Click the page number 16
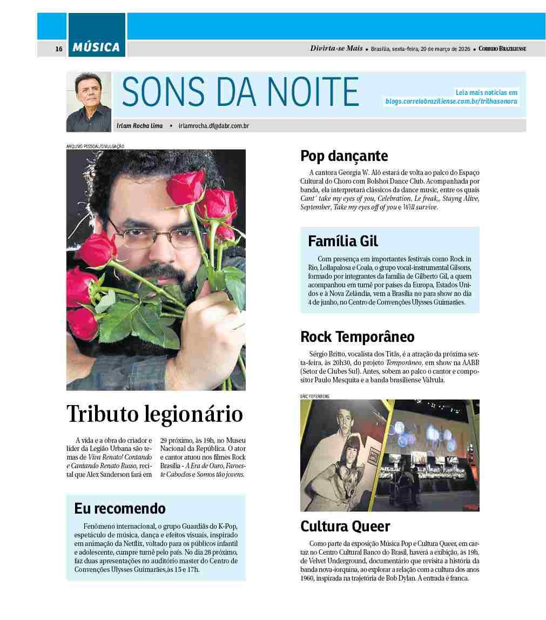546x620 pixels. (x=59, y=49)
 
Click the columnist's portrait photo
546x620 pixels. (x=89, y=102)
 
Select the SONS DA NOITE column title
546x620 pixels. (x=240, y=91)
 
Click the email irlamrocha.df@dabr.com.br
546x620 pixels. (x=213, y=126)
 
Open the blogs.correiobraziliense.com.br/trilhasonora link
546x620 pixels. (x=451, y=101)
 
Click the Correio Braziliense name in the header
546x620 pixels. (x=502, y=49)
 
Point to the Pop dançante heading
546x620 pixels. (x=344, y=156)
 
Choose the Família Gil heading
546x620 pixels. (x=343, y=241)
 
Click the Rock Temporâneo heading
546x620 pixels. (x=358, y=337)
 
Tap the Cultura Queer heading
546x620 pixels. (x=345, y=526)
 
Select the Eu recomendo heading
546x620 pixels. (x=120, y=508)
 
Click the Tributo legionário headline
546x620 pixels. (x=154, y=414)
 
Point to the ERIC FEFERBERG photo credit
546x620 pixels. (x=315, y=396)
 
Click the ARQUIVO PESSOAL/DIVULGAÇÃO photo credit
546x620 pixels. (x=95, y=146)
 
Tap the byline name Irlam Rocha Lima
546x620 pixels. (x=139, y=126)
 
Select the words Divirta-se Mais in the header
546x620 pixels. (x=336, y=49)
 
